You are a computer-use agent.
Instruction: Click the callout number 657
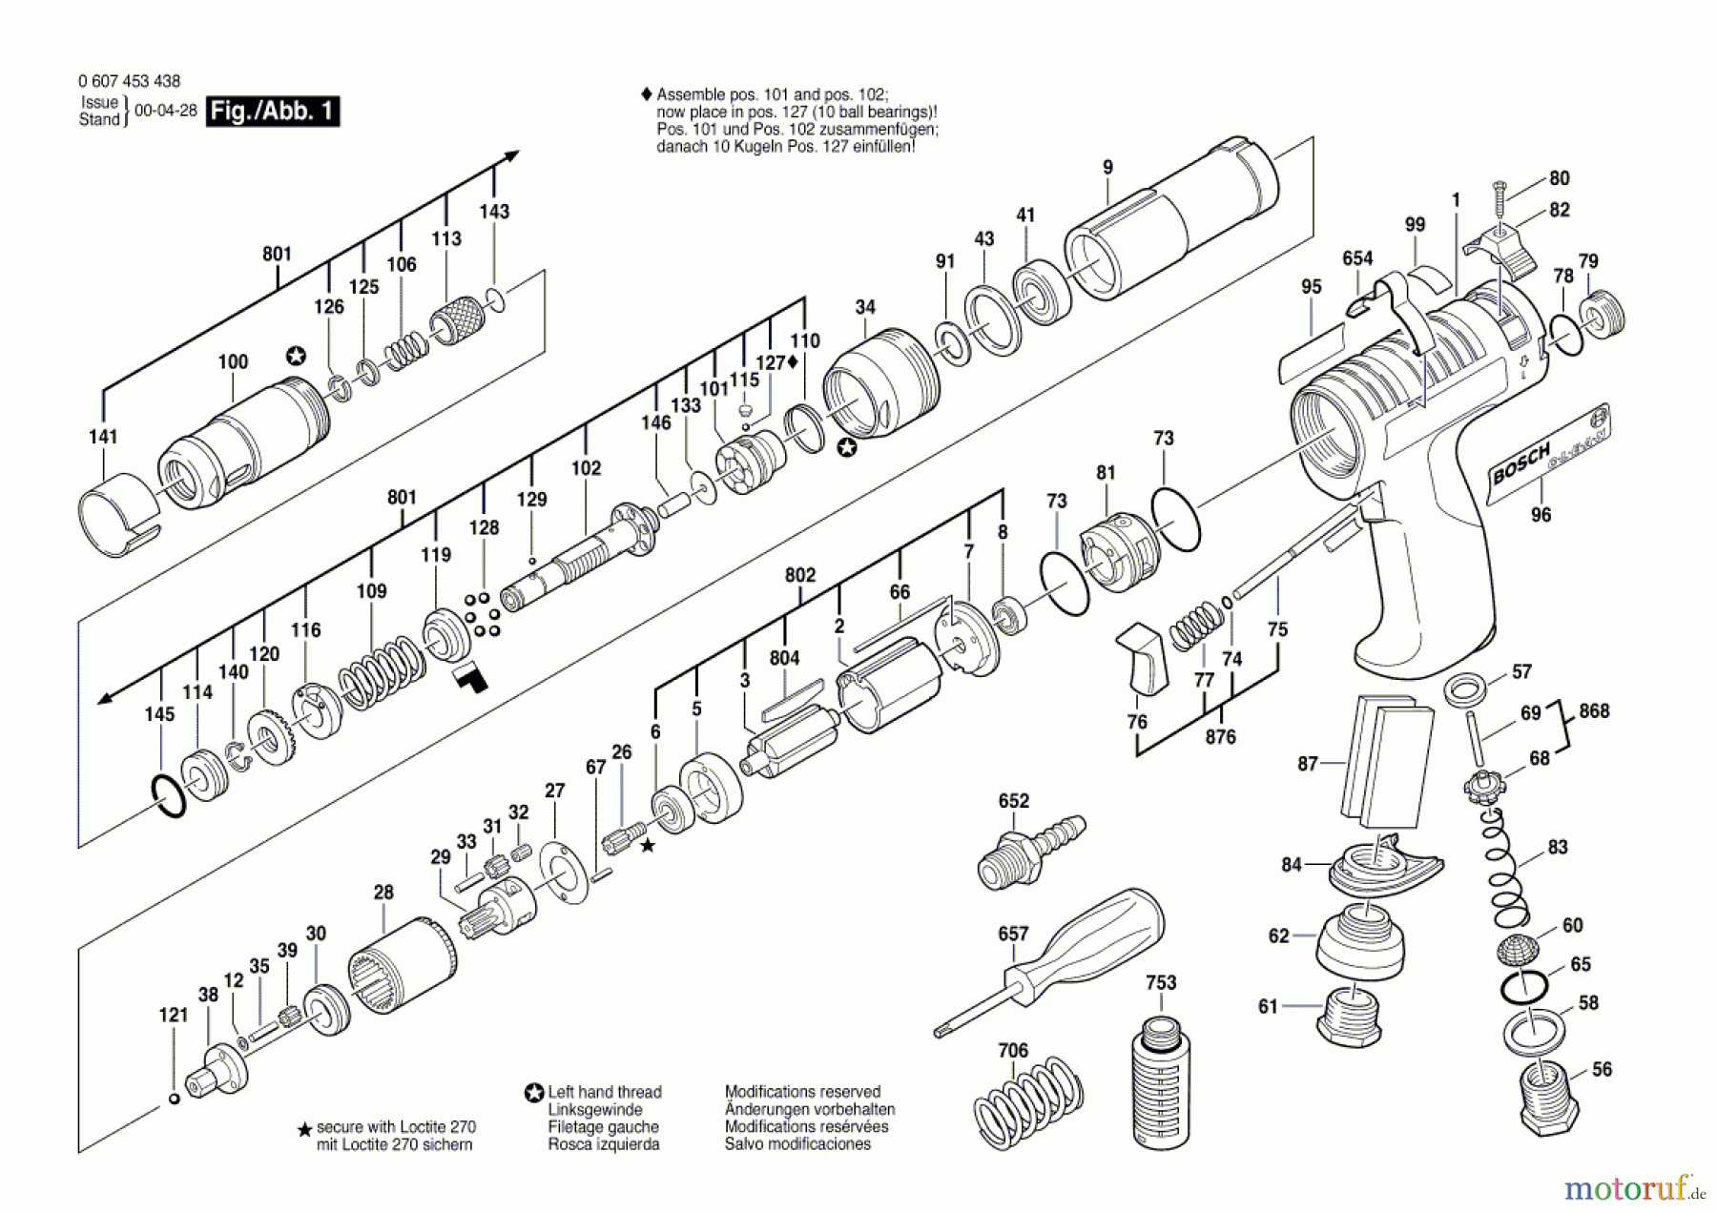(x=1013, y=934)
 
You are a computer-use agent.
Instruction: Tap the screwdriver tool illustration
(x=1049, y=962)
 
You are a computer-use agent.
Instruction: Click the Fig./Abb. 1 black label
(x=273, y=112)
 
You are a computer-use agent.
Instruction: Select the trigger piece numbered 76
(x=1142, y=658)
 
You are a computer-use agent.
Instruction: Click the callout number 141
(x=103, y=437)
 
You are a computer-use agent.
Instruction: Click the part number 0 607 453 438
(x=129, y=82)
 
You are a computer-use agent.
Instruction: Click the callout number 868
(x=1594, y=711)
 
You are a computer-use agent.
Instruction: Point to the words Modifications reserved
(x=802, y=1092)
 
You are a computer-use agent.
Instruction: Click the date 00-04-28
(x=166, y=111)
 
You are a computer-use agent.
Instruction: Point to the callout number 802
(x=800, y=575)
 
